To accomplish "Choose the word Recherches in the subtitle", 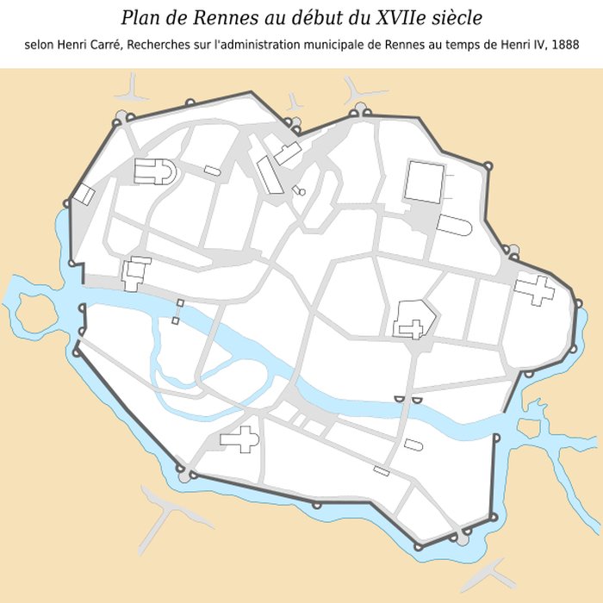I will point(177,44).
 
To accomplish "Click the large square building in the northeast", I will point(424,182).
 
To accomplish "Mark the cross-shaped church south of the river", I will point(240,440).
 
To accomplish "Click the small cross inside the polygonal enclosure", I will point(415,327).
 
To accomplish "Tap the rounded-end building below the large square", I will point(455,226).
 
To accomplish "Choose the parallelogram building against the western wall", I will point(84,194).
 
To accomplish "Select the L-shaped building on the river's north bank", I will point(134,272).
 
